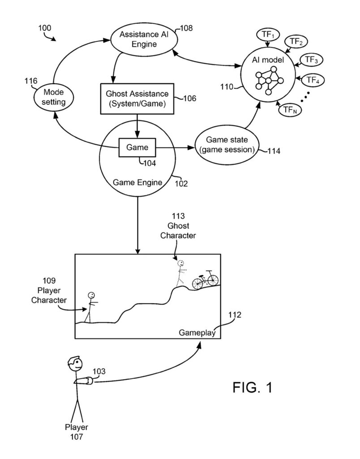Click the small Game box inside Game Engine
[137, 147]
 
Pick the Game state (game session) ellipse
[226, 144]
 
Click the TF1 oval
[267, 35]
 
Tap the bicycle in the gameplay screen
[205, 280]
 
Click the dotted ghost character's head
[180, 263]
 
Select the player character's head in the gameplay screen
[91, 295]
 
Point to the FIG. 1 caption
[252, 387]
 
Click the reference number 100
[44, 28]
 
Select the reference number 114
[273, 151]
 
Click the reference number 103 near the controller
[99, 372]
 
